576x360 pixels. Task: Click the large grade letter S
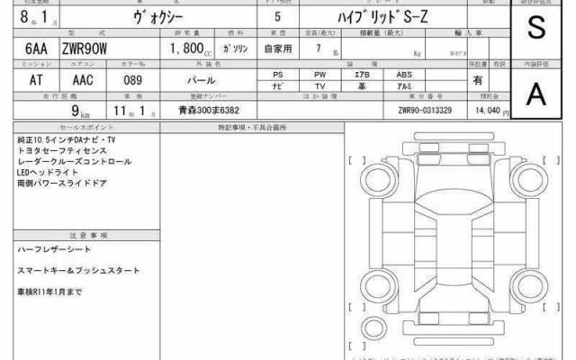click(536, 29)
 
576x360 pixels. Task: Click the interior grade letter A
click(536, 92)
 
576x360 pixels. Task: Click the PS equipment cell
click(277, 74)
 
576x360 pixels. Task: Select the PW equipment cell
click(319, 74)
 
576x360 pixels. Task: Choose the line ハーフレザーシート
click(54, 247)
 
